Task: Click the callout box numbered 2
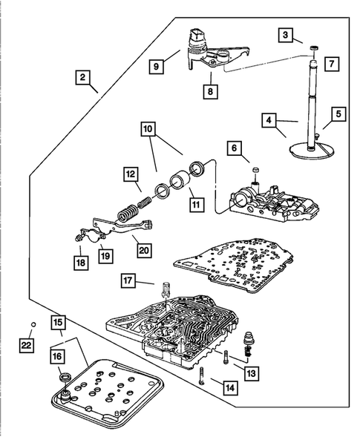click(x=82, y=77)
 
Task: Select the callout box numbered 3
click(x=285, y=35)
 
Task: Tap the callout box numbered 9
click(x=156, y=67)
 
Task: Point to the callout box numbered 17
click(x=128, y=280)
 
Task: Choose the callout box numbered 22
click(x=27, y=346)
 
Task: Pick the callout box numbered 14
click(x=230, y=388)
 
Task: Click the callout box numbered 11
click(x=196, y=205)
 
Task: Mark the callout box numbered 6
click(x=235, y=148)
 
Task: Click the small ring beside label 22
click(x=33, y=324)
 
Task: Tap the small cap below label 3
click(x=315, y=48)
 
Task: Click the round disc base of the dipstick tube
click(x=312, y=151)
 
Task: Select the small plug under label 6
click(x=255, y=170)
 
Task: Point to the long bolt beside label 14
click(x=203, y=375)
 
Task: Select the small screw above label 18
click(x=79, y=237)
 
